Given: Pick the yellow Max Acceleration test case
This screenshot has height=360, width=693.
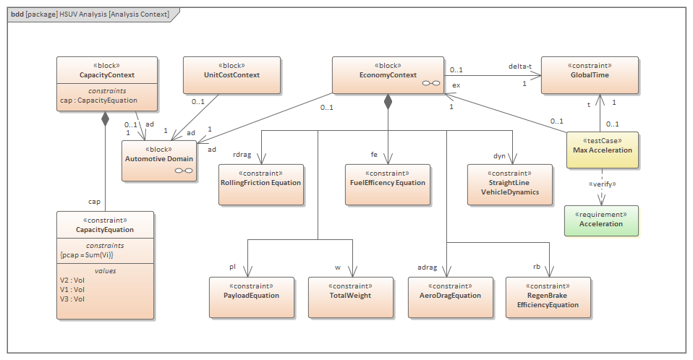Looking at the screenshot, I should [602, 150].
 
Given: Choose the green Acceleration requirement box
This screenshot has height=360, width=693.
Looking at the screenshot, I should [601, 220].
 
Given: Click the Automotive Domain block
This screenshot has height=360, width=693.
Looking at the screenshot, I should [158, 158].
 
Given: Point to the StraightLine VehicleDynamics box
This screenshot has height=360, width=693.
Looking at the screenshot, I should [509, 187].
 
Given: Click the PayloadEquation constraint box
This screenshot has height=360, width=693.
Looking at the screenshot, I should [252, 296].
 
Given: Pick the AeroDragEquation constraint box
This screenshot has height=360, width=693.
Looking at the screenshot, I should [450, 296].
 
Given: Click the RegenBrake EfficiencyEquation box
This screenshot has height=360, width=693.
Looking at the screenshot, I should [548, 300].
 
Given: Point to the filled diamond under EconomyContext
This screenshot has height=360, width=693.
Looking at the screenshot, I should [388, 102].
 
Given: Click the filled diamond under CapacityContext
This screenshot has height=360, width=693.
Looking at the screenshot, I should [106, 119].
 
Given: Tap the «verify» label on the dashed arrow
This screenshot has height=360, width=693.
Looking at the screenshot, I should [601, 183].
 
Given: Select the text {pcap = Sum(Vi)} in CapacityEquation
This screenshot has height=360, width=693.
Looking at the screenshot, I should [87, 254].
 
